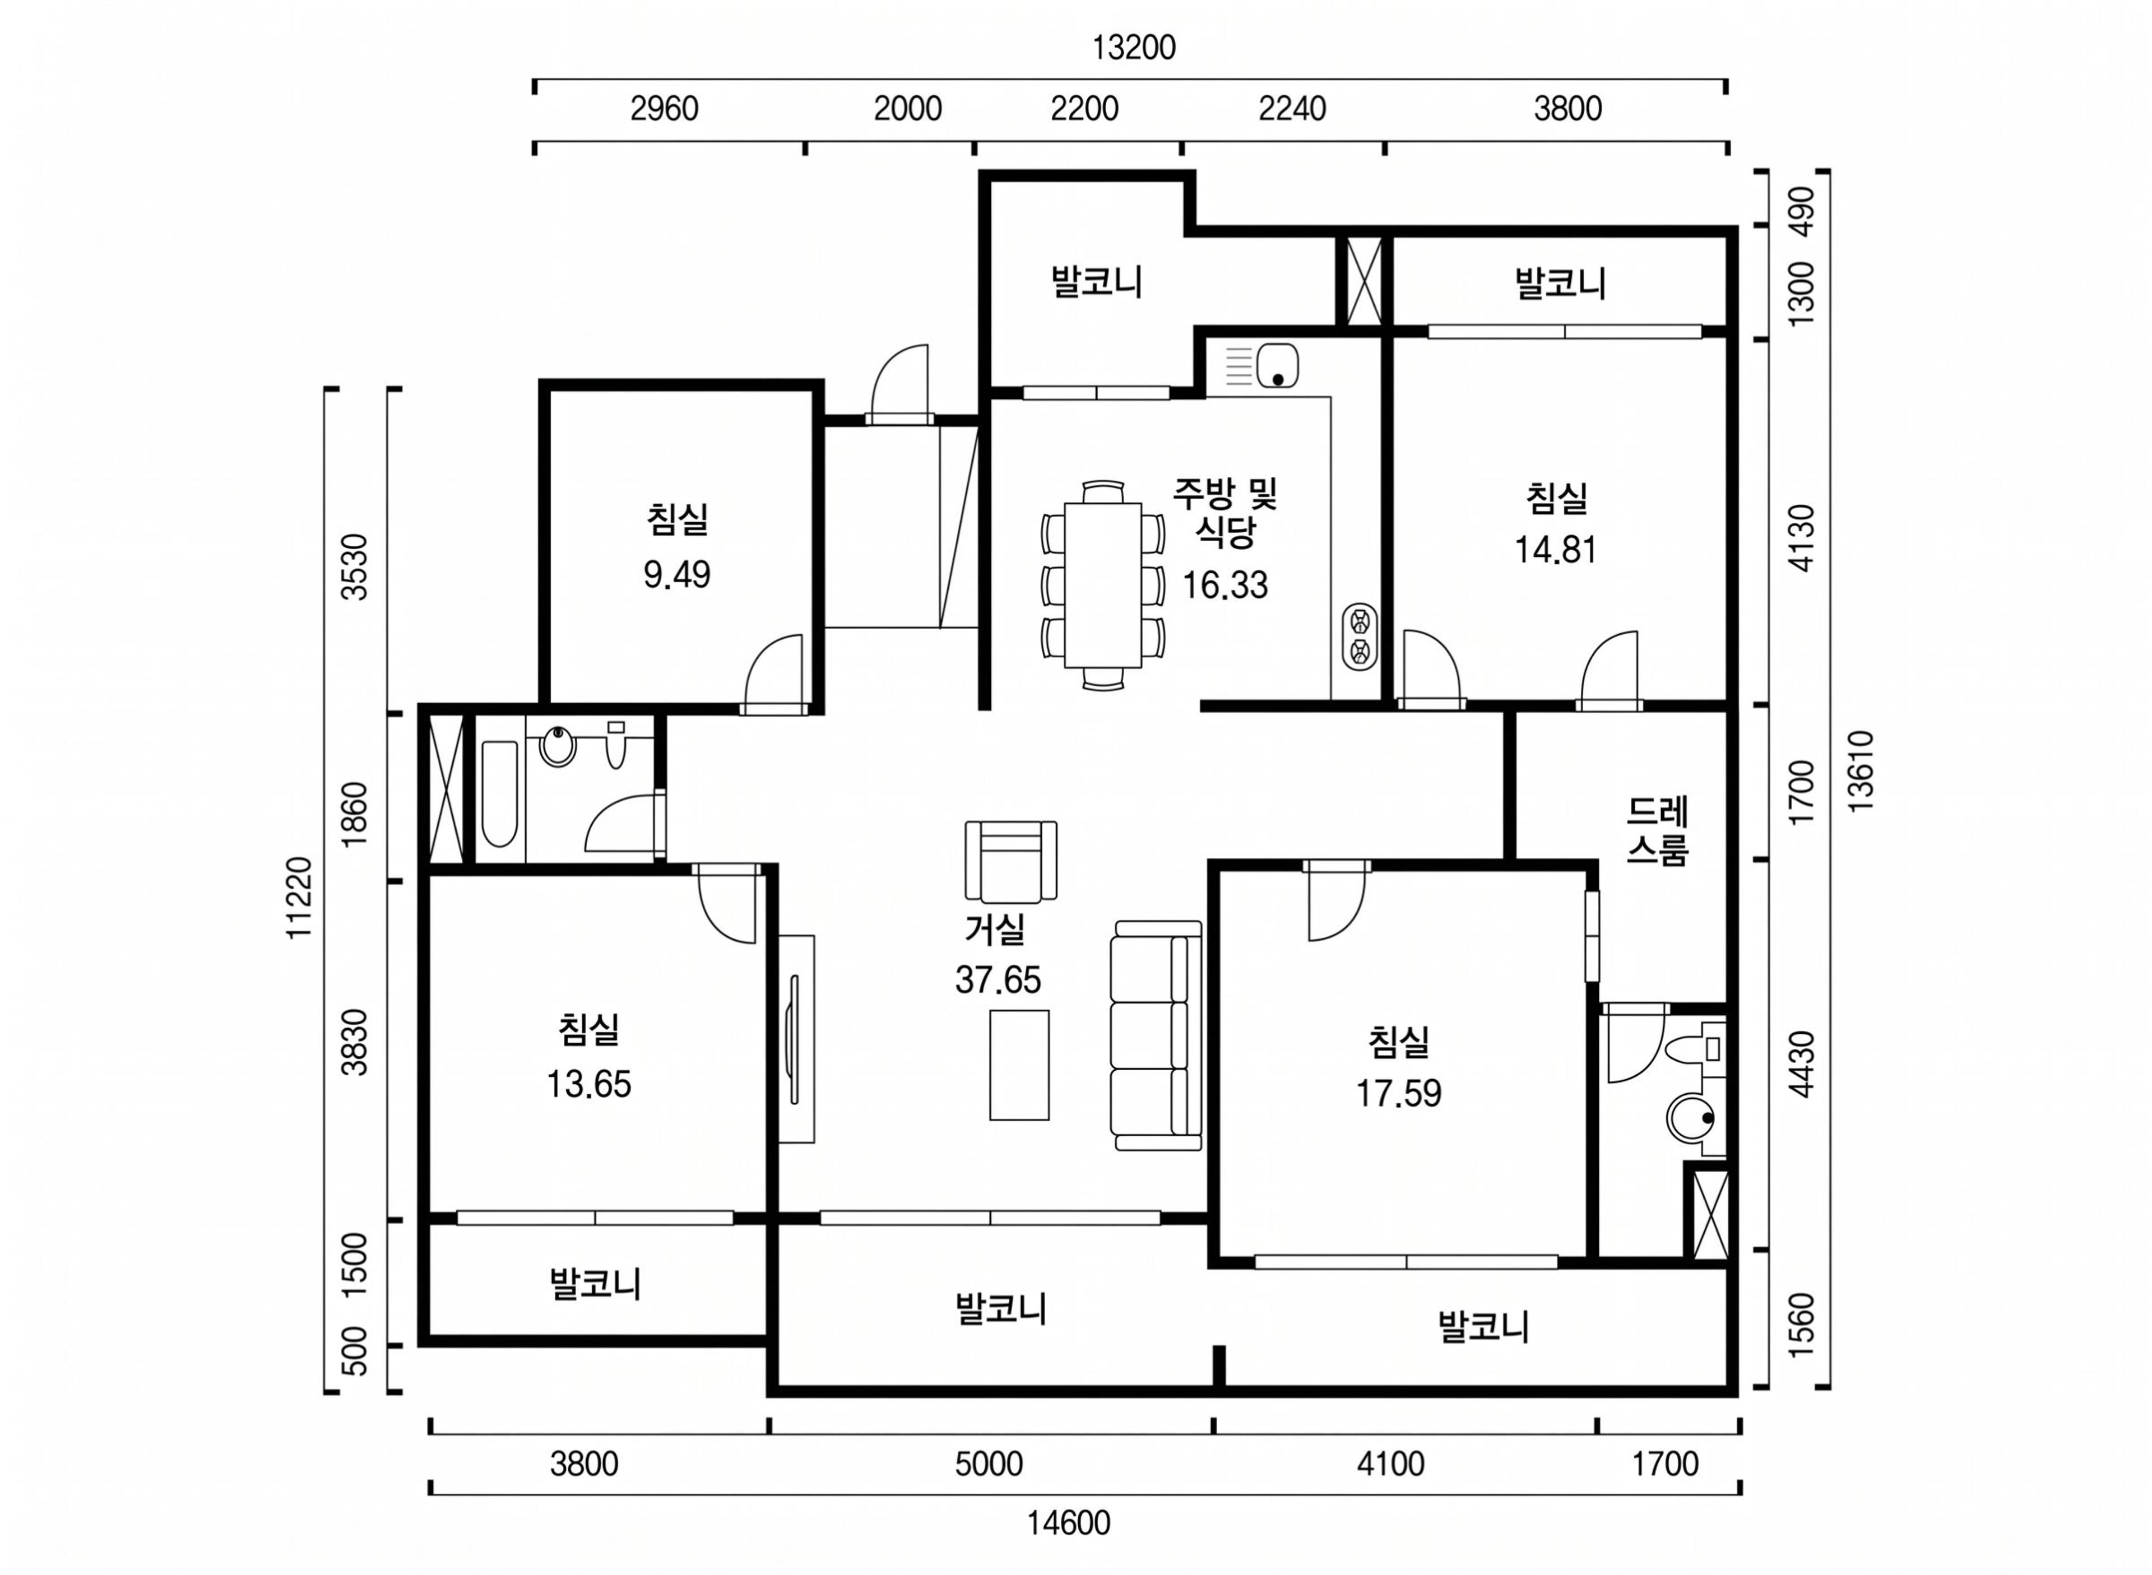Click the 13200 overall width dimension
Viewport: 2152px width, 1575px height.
(1133, 48)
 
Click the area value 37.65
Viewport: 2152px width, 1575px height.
(998, 980)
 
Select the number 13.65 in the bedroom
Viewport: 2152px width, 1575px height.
(588, 1084)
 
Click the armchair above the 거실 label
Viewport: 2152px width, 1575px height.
(1010, 862)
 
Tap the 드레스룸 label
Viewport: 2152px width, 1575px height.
(1657, 830)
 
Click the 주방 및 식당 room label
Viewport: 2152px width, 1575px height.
(1225, 512)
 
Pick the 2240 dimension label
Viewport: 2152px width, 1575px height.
(1292, 109)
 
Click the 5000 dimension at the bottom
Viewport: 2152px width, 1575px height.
(989, 1464)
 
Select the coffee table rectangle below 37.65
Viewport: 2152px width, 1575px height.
(1019, 1065)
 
